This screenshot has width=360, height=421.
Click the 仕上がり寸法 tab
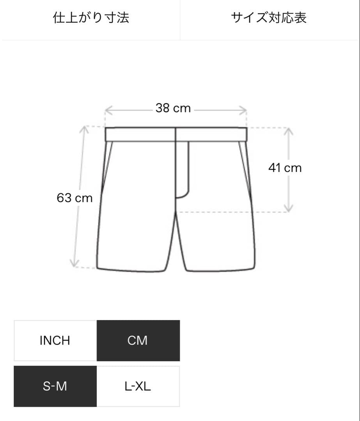click(91, 18)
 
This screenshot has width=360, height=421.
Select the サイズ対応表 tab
click(269, 18)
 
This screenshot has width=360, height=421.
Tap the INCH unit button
click(55, 340)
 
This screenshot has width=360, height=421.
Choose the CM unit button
click(138, 340)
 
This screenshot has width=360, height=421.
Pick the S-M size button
click(55, 386)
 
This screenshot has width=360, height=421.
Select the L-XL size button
click(138, 386)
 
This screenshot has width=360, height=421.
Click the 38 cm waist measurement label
click(173, 108)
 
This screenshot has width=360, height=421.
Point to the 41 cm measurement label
click(285, 168)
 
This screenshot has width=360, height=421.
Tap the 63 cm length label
click(74, 198)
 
